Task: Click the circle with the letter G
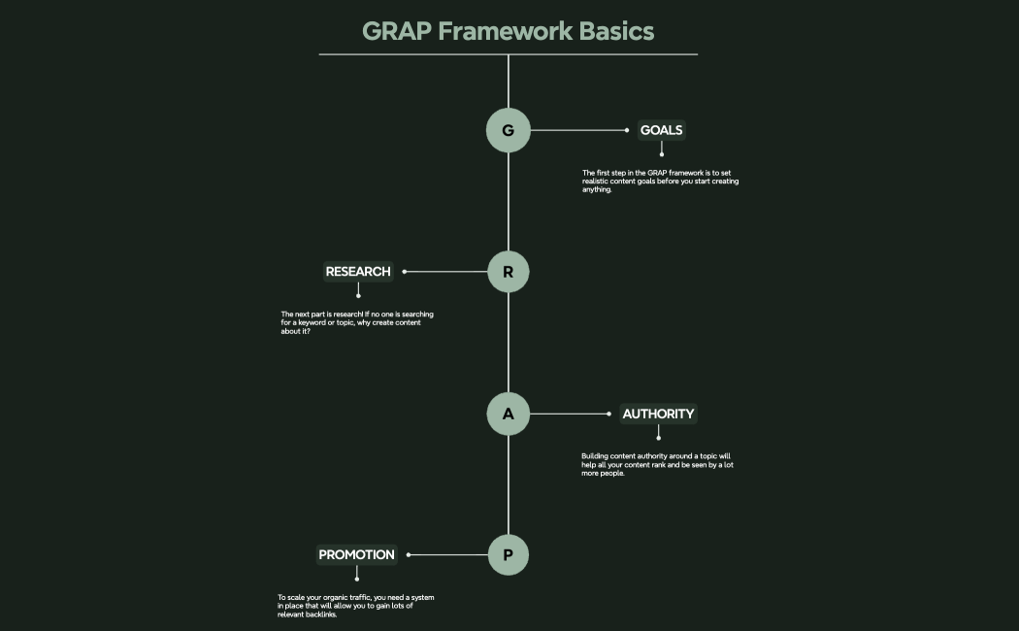[508, 130]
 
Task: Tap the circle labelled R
[508, 272]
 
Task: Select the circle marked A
[508, 414]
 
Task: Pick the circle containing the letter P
[508, 555]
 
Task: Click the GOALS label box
[661, 130]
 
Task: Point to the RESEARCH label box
[358, 272]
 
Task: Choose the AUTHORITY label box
[658, 414]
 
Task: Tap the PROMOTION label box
[357, 555]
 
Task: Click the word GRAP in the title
[396, 31]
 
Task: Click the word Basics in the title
[617, 31]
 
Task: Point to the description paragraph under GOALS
[660, 181]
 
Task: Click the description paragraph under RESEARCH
[357, 322]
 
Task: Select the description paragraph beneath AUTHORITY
[657, 465]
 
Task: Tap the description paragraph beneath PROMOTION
[355, 606]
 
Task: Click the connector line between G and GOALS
[578, 130]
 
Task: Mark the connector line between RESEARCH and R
[446, 272]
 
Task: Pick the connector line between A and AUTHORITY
[570, 414]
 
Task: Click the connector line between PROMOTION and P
[448, 555]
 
